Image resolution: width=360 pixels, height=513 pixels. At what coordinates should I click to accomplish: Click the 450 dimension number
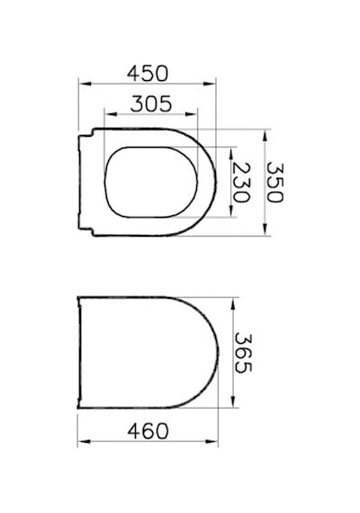[x=148, y=73]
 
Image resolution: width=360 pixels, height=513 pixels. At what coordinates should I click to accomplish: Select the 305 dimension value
[x=151, y=103]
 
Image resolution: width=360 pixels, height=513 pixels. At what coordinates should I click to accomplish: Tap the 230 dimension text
[x=242, y=183]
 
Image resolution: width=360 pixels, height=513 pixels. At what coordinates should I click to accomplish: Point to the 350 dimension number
[x=274, y=183]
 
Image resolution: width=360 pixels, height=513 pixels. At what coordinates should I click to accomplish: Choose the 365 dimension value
[x=243, y=353]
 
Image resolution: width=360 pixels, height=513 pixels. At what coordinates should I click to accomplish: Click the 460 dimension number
[x=148, y=431]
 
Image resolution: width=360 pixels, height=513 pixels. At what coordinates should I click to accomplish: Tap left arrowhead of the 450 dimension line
[x=85, y=84]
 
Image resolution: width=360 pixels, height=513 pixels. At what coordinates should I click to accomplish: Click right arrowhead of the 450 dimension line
[x=210, y=84]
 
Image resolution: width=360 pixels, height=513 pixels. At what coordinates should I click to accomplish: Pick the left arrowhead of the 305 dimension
[x=111, y=114]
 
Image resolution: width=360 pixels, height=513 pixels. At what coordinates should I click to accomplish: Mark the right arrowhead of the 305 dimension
[x=191, y=114]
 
